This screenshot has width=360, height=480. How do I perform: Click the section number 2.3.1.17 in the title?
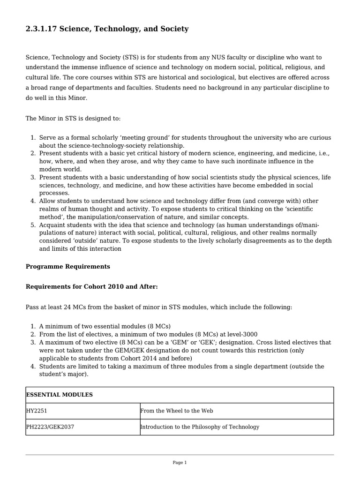[41, 29]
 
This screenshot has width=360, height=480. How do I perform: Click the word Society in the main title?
[174, 29]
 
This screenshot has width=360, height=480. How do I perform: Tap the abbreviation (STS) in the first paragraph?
[132, 57]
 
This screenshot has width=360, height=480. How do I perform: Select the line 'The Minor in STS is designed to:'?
[73, 119]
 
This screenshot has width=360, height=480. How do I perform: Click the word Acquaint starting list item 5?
[52, 225]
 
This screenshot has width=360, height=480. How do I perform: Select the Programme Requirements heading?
[68, 267]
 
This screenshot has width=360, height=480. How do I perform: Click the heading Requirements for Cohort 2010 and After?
[91, 287]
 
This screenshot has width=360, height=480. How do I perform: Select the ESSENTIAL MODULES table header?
[59, 395]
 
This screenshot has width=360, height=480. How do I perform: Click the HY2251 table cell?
[37, 411]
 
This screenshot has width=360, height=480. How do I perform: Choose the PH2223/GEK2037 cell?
[50, 427]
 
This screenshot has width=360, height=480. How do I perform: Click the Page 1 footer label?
[180, 463]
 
